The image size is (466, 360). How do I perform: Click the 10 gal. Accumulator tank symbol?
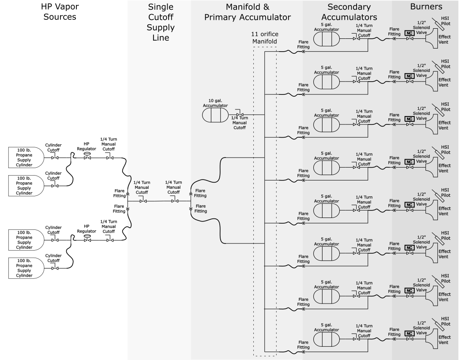[x=215, y=115]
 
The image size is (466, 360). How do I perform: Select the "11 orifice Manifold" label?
[x=264, y=38]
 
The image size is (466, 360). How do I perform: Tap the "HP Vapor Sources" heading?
[x=60, y=11]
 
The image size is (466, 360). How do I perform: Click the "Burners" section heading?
[x=426, y=7]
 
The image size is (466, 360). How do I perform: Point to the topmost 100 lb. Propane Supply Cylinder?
[x=26, y=157]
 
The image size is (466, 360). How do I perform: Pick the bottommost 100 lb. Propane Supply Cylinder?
[x=26, y=268]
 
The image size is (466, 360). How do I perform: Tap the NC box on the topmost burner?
[x=410, y=33]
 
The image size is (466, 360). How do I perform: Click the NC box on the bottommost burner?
[x=410, y=334]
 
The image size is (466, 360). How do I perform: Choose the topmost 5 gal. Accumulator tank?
[x=327, y=39]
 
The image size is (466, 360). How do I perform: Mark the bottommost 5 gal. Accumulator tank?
[x=327, y=339]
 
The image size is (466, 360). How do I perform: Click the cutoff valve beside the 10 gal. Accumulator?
[x=240, y=114]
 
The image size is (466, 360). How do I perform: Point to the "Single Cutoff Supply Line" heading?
[x=161, y=22]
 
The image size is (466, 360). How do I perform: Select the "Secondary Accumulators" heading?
[x=349, y=12]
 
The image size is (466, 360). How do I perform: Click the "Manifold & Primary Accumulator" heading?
[x=247, y=12]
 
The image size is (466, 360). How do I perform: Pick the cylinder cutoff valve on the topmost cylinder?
[x=55, y=158]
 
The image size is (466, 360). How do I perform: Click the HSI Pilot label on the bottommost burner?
[x=446, y=321]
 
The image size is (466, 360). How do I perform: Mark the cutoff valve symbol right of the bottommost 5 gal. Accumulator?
[x=356, y=339]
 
